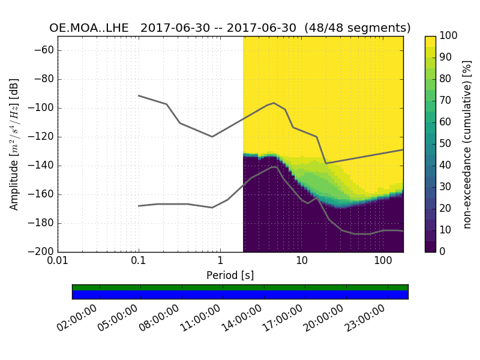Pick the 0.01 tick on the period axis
tap(58, 262)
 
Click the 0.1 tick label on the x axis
tap(139, 262)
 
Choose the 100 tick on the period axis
tap(383, 262)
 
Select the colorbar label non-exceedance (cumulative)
tap(467, 144)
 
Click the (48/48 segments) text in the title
tap(358, 28)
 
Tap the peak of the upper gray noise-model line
tap(274, 103)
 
